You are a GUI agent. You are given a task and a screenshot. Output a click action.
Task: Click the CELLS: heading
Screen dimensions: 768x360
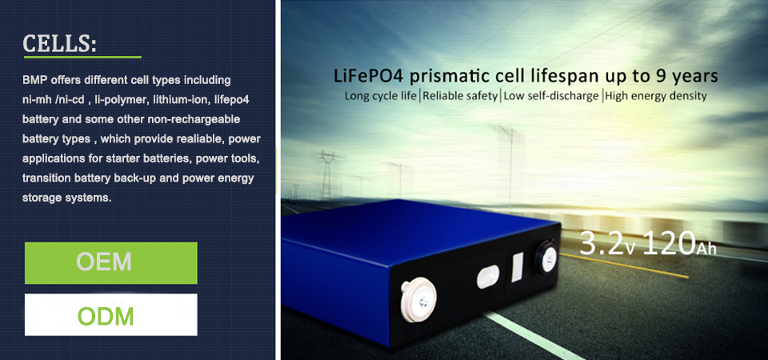click(x=59, y=43)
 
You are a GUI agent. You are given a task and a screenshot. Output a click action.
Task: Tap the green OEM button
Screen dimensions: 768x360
click(x=111, y=263)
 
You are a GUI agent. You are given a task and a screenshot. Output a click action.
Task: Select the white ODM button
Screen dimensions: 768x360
click(x=111, y=315)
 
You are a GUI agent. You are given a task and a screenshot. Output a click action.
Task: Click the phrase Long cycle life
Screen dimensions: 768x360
click(x=381, y=96)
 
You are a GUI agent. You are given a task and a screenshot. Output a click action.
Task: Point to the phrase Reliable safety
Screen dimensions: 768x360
click(x=460, y=96)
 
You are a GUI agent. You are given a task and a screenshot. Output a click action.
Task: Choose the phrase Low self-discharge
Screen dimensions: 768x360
click(x=550, y=96)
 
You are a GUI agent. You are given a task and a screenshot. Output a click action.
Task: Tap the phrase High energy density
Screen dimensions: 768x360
click(x=656, y=96)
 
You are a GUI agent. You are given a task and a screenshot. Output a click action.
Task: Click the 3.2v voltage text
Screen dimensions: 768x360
click(x=607, y=243)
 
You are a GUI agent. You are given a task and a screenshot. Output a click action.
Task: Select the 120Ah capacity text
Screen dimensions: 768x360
click(x=679, y=243)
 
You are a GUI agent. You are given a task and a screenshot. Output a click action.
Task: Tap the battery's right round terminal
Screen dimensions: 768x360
click(x=546, y=258)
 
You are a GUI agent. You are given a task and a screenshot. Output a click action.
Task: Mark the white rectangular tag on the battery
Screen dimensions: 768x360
click(x=518, y=267)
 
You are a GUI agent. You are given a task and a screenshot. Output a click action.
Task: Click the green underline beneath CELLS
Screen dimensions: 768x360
click(x=82, y=58)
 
